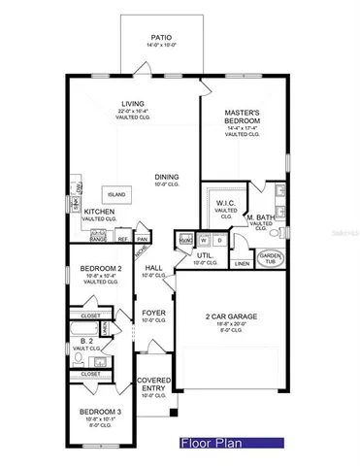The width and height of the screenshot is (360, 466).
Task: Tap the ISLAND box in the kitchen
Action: pyautogui.click(x=146, y=193)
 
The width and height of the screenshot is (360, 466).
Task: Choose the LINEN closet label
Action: pyautogui.click(x=242, y=263)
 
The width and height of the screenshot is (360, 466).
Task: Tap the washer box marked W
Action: pyautogui.click(x=205, y=239)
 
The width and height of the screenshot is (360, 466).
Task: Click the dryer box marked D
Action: pyautogui.click(x=220, y=239)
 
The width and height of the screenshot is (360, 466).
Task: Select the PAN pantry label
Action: pyautogui.click(x=142, y=239)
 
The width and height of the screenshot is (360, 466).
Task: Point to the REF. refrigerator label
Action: pyautogui.click(x=123, y=239)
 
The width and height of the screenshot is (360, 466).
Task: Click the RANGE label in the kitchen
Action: pyautogui.click(x=98, y=239)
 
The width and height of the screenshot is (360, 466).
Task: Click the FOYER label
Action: pyautogui.click(x=153, y=314)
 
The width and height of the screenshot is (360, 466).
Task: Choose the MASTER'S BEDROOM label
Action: pyautogui.click(x=245, y=116)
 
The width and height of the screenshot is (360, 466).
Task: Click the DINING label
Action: pyautogui.click(x=167, y=177)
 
